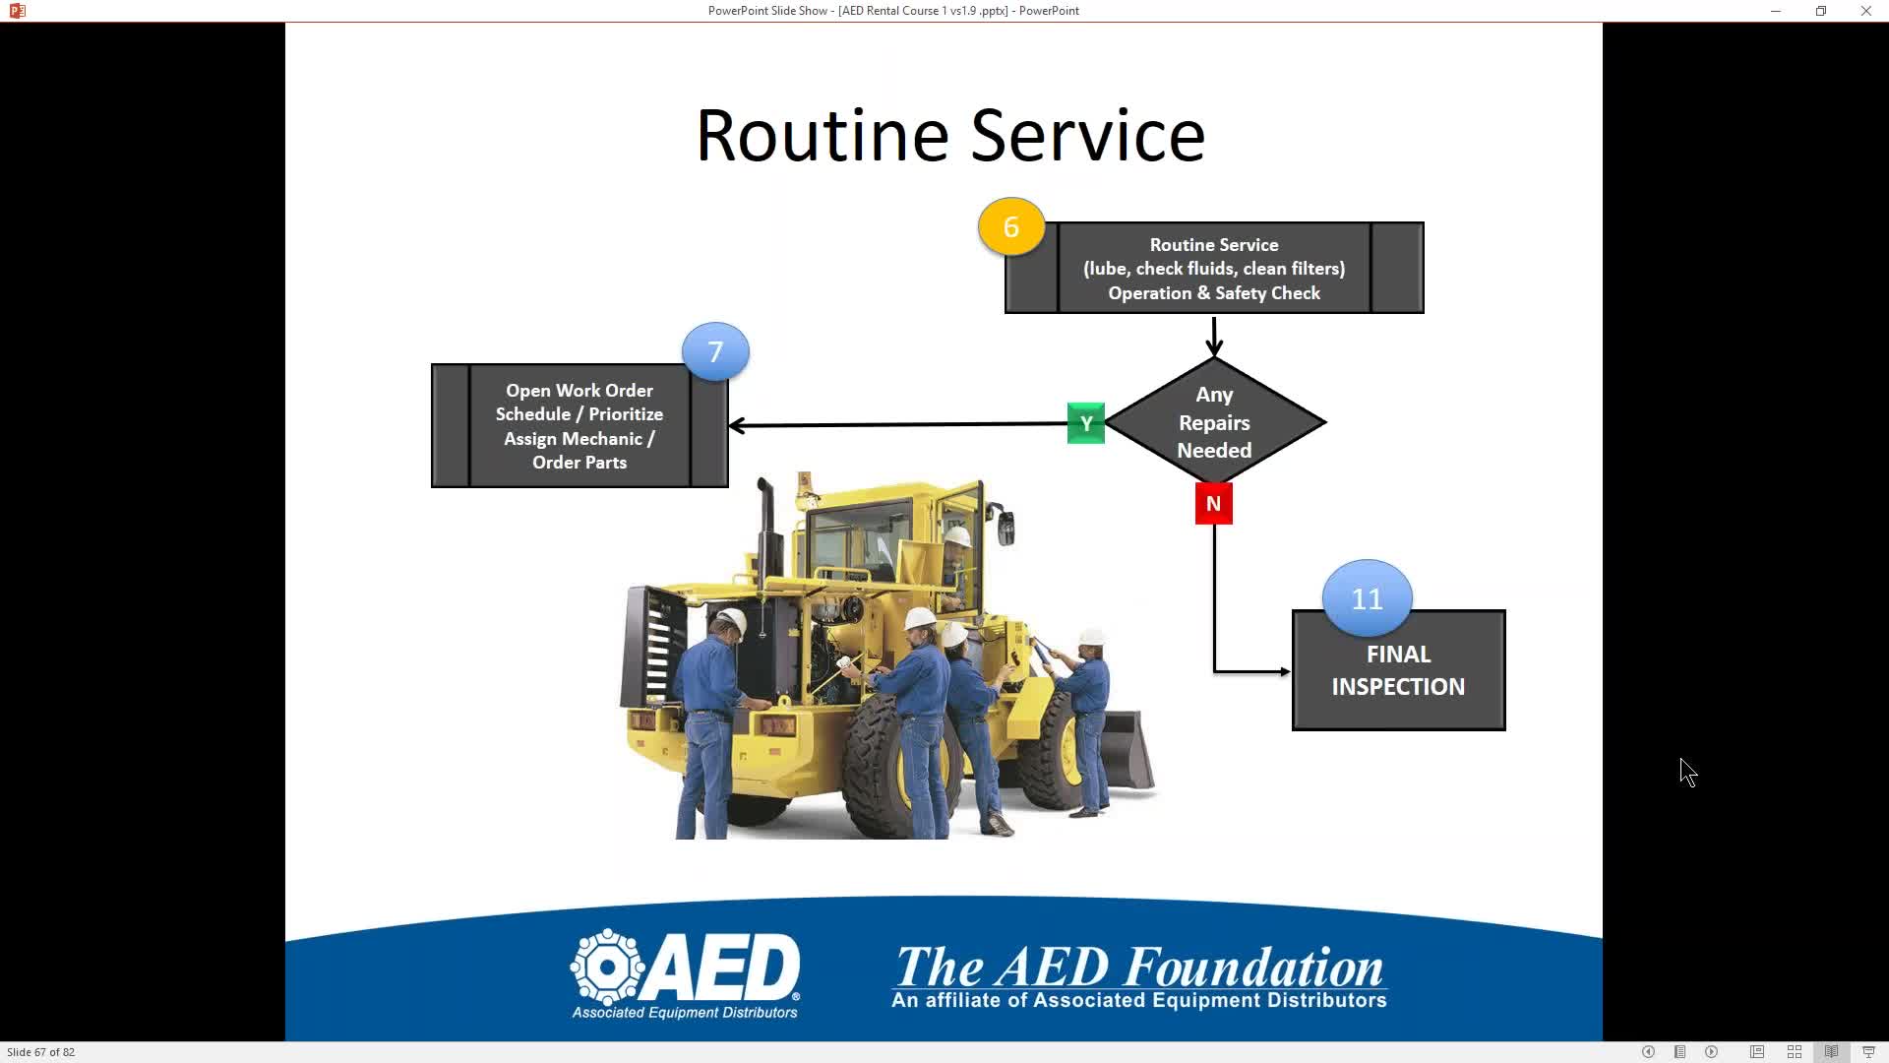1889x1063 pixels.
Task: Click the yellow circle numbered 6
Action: [1011, 226]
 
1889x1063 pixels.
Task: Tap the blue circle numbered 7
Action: [715, 351]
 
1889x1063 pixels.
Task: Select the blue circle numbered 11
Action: [1367, 598]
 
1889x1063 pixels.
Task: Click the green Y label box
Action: [1086, 423]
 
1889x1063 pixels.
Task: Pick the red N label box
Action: [1213, 504]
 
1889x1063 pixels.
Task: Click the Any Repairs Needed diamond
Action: [1215, 422]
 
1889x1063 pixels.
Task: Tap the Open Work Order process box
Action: [579, 426]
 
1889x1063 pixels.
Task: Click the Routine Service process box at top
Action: [1214, 269]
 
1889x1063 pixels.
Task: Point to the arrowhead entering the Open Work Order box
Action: [736, 425]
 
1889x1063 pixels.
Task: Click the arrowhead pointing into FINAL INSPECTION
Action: [1285, 672]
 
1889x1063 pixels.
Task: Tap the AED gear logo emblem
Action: [608, 967]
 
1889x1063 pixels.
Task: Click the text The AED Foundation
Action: [1138, 967]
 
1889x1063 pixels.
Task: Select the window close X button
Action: [1865, 11]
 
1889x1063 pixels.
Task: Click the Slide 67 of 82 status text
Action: [41, 1052]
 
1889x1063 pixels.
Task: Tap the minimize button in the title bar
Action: [1776, 11]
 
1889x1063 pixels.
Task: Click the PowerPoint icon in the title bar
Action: [17, 11]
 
